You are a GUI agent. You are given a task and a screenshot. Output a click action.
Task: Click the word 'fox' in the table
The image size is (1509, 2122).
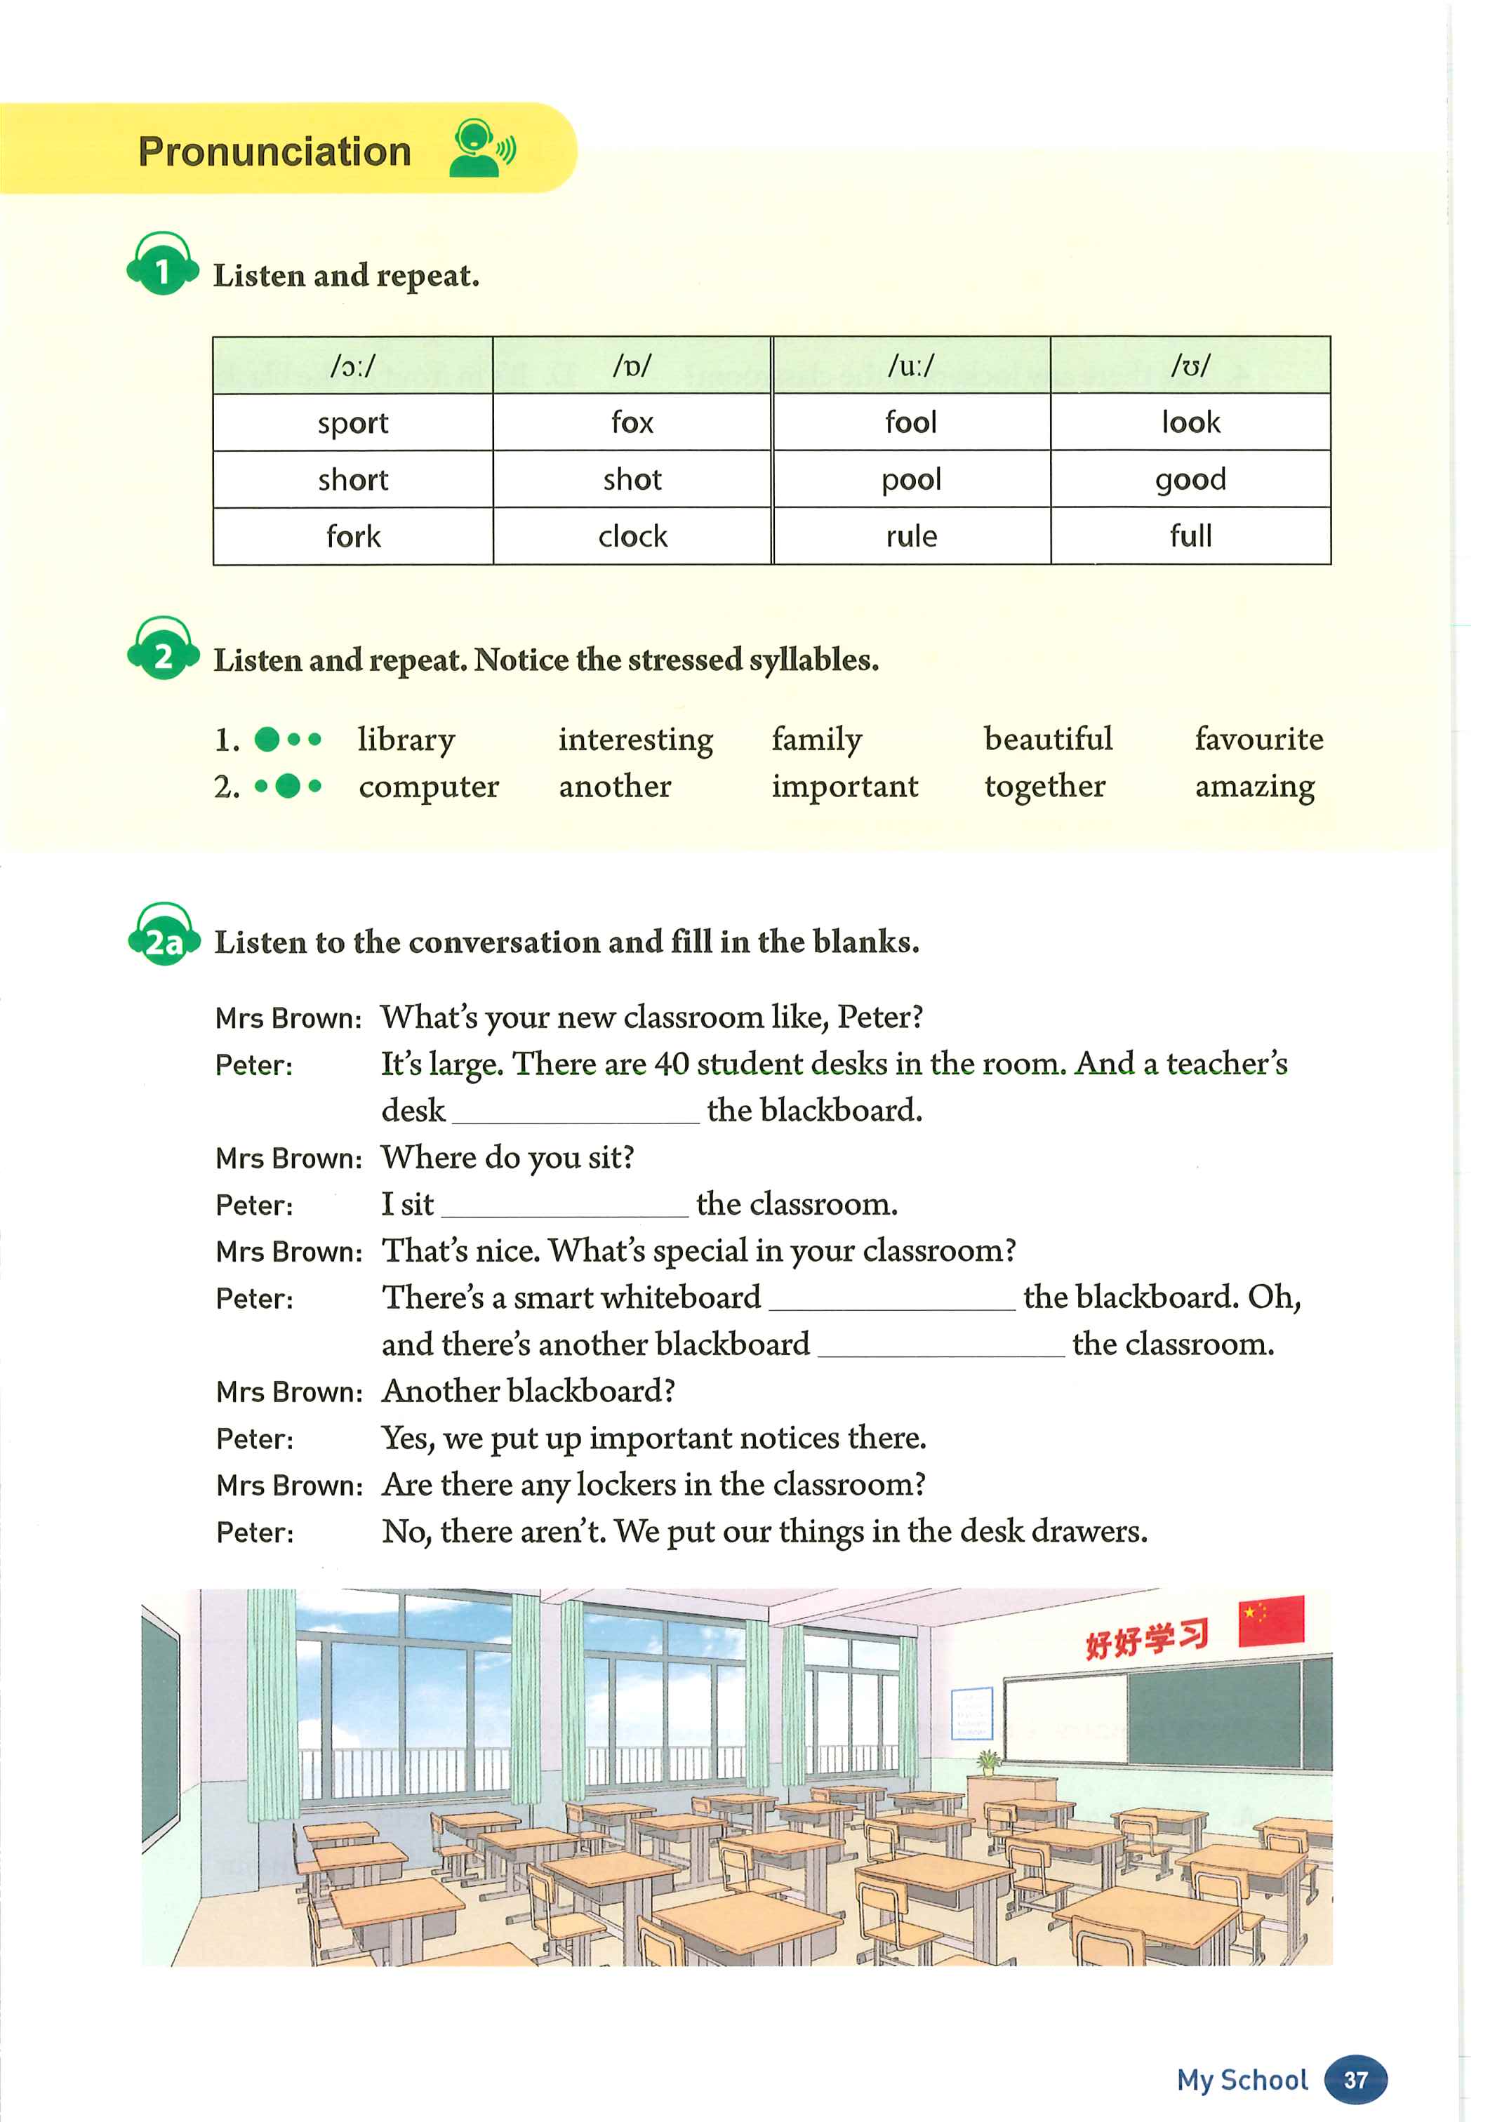632,422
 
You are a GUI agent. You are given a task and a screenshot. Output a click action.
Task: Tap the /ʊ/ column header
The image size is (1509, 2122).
1190,365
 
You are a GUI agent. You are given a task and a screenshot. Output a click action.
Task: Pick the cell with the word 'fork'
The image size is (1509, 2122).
353,536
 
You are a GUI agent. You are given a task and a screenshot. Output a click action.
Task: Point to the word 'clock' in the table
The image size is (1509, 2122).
632,536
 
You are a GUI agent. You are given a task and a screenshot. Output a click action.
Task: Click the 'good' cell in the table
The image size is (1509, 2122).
1190,479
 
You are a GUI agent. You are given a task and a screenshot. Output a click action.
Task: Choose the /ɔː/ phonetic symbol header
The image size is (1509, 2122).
353,365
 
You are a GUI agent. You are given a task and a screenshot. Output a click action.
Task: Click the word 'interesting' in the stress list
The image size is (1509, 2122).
636,740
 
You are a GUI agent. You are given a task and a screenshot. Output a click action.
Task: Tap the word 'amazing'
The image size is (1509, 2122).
1254,787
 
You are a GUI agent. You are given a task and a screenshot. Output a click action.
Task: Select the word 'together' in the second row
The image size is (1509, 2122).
1044,787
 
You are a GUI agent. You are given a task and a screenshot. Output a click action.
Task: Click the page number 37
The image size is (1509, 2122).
1356,2079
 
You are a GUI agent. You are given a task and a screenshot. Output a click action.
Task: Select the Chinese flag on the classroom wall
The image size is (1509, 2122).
1271,1620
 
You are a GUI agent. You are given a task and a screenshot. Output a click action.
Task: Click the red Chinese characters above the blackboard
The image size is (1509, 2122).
1147,1638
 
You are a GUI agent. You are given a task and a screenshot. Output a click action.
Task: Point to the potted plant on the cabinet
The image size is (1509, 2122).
987,1761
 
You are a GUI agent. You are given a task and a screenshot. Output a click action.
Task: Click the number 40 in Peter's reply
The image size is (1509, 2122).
671,1064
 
